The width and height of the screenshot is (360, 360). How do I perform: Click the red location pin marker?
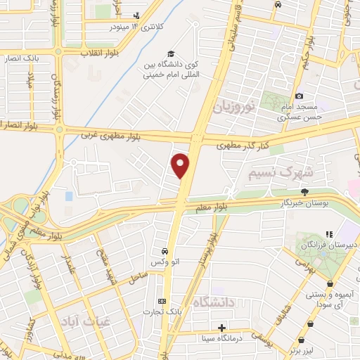coord(181,166)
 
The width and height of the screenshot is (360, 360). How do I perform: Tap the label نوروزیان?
coord(237,108)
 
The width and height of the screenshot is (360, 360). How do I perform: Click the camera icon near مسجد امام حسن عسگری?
coord(300,96)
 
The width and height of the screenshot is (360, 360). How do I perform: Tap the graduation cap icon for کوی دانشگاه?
coord(170,54)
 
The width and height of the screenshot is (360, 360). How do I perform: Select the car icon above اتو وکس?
coord(164,251)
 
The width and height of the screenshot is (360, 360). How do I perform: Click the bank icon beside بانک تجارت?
coord(163,300)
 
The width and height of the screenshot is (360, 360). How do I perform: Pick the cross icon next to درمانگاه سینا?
coord(222,327)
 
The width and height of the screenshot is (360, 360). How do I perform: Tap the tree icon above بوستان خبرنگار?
coord(304,191)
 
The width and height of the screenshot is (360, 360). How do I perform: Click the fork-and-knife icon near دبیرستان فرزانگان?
coord(328,234)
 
